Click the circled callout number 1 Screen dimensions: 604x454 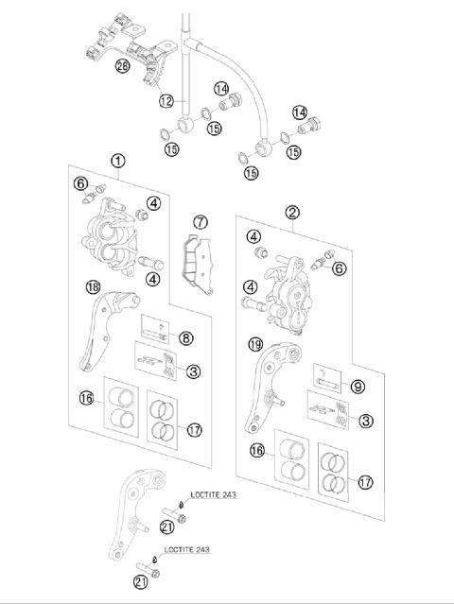[117, 161]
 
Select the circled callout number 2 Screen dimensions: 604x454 [293, 213]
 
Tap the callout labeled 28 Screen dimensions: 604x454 [122, 65]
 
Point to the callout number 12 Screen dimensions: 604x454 [166, 101]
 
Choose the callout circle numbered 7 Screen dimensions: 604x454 [200, 222]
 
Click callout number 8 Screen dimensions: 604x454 [186, 337]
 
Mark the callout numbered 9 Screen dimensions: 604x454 [358, 386]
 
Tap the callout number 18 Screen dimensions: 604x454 [92, 287]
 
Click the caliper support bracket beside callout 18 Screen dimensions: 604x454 [102, 331]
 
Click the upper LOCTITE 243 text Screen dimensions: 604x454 [216, 493]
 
